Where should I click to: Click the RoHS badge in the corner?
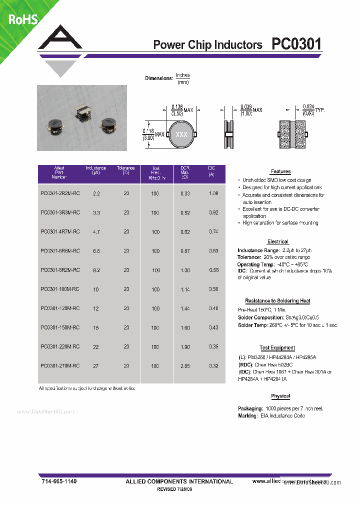(23, 19)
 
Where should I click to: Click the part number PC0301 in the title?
(296, 44)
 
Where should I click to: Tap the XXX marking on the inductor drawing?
(181, 135)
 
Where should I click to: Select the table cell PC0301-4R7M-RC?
(59, 232)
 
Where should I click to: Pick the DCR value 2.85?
(184, 366)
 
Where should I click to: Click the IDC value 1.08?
(213, 193)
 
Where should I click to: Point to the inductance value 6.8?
(96, 251)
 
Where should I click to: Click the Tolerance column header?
(126, 170)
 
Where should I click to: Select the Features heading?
(280, 171)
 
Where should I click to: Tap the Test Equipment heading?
(277, 348)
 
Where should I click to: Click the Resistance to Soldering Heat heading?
(277, 301)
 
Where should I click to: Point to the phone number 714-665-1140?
(59, 481)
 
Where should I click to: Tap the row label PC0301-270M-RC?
(59, 366)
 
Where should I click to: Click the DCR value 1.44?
(184, 309)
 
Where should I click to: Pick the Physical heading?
(280, 396)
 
